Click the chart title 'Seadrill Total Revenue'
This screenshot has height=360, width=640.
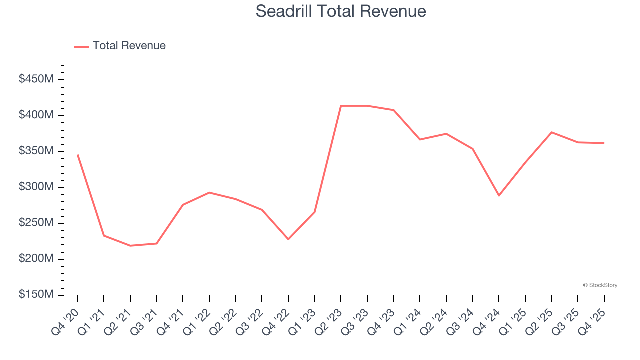[341, 11]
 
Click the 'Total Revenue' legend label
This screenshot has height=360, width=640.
[129, 46]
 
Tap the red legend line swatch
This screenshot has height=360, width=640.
[81, 46]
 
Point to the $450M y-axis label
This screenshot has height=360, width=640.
[36, 79]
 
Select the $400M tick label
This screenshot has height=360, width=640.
[36, 115]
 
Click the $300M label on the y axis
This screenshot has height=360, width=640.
[36, 187]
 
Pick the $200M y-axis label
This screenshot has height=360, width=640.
[36, 259]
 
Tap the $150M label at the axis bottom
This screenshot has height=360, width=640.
[36, 295]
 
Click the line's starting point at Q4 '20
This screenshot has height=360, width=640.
[78, 155]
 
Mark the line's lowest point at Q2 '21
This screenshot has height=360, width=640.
[130, 246]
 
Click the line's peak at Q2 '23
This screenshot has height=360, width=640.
[341, 106]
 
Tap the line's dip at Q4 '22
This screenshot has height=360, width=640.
[288, 239]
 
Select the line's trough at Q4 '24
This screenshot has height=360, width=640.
[499, 195]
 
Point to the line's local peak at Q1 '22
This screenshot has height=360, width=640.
[209, 192]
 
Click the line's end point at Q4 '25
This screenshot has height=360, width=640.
[604, 143]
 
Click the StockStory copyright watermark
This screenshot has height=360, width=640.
[600, 285]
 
